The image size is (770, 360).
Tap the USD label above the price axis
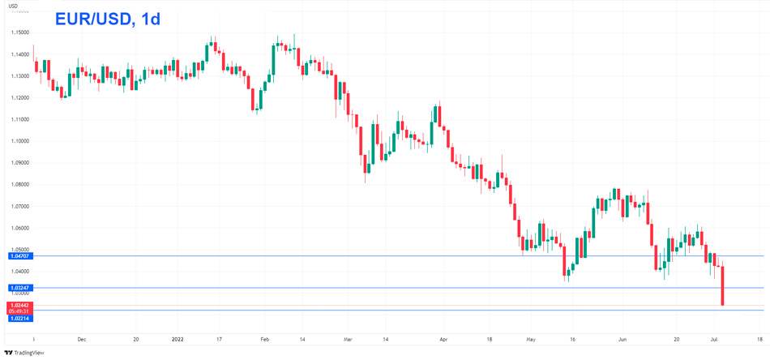pos(13,6)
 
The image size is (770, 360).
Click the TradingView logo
pos(24,353)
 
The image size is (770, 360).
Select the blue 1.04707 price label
pos(20,256)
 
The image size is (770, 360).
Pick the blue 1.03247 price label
pos(20,288)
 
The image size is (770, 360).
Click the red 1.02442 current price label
pos(20,305)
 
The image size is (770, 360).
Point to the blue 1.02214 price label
pos(20,319)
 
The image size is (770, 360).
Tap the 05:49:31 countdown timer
pos(20,311)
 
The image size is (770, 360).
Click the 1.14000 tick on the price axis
pos(20,54)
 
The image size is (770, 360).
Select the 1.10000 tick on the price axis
pos(20,141)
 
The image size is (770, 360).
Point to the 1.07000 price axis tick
pos(20,206)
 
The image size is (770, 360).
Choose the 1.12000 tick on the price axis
pos(20,97)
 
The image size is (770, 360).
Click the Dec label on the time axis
pos(81,340)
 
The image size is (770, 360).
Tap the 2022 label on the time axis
pos(178,340)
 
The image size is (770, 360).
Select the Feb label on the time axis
pos(264,340)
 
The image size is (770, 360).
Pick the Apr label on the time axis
pos(443,340)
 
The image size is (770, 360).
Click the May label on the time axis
pos(531,340)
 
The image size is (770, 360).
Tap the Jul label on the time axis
pos(714,340)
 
